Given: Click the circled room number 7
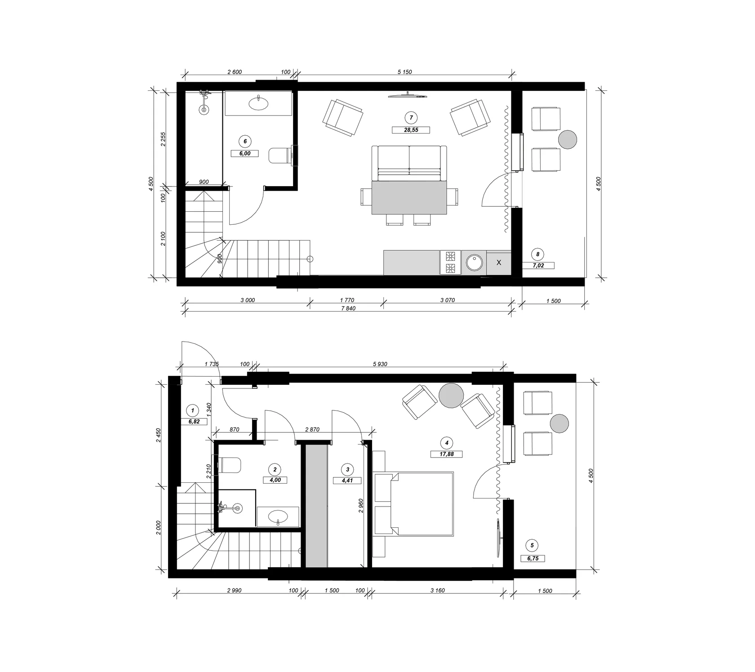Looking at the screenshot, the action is (411, 118).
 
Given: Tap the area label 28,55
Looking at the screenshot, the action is (411, 130).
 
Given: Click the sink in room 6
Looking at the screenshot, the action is (258, 103).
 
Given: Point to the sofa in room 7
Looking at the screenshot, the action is (409, 163).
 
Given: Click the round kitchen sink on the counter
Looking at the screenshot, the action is (474, 263).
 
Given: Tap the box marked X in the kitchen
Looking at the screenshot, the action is (498, 263).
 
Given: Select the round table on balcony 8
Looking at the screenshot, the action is (568, 139).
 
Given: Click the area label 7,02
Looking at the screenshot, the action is (538, 266).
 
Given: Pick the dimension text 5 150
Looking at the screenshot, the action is (404, 72).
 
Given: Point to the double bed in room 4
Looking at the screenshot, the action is (413, 503).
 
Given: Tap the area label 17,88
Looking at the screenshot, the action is (446, 454).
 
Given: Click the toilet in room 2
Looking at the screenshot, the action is (229, 465).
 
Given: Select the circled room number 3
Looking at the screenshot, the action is (347, 470).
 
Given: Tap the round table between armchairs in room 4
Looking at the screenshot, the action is (451, 396).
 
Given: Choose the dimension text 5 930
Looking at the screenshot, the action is (380, 364).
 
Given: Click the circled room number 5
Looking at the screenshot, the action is (532, 546).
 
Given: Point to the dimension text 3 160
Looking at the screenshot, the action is (437, 591).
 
